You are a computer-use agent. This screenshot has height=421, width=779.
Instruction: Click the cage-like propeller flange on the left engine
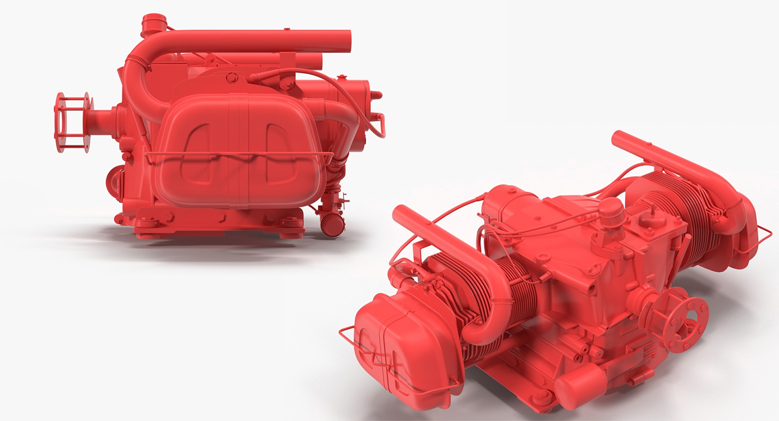click(72, 122)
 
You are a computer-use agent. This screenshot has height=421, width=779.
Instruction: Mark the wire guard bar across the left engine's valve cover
click(239, 155)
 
